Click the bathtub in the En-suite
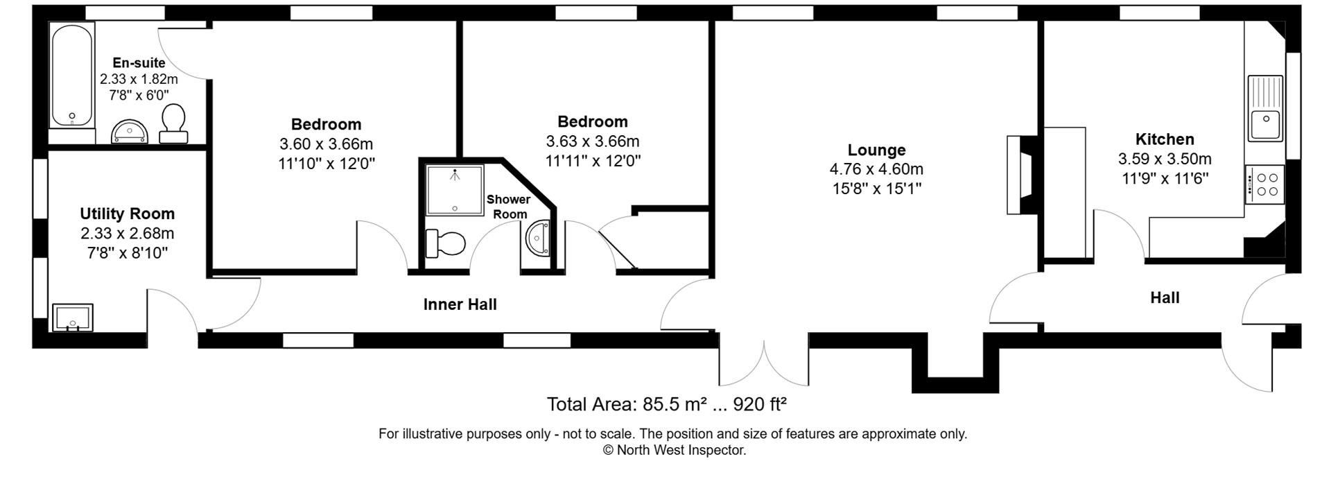point(71,76)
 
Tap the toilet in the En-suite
point(173,123)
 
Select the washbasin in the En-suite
point(130,131)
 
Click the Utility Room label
point(127,214)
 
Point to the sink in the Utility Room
point(73,318)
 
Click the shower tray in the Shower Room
point(454,189)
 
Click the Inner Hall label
point(460,304)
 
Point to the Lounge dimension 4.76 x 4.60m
point(876,169)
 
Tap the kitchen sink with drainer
point(1265,108)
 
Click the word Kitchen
point(1164,139)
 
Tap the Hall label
point(1165,298)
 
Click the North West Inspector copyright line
point(674,451)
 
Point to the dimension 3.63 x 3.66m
point(592,141)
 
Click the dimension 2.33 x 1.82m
point(139,79)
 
